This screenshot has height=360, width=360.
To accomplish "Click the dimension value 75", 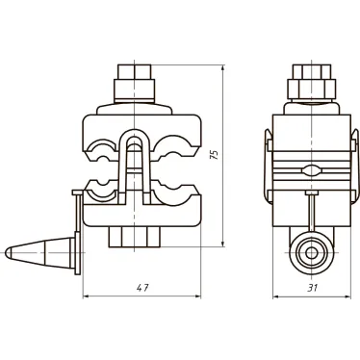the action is (x=216, y=154).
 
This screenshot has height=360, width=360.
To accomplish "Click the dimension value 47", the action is (x=142, y=288).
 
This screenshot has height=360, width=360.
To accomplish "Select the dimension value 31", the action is (x=312, y=288).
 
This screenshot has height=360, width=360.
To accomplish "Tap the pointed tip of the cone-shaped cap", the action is (x=7, y=253).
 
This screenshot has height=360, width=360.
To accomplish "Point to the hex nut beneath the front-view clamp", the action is (x=135, y=237).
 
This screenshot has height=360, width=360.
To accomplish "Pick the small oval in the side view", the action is (x=312, y=169).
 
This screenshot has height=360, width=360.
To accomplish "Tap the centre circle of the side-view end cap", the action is (x=311, y=253).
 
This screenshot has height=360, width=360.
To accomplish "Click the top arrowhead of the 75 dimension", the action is (x=223, y=68).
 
